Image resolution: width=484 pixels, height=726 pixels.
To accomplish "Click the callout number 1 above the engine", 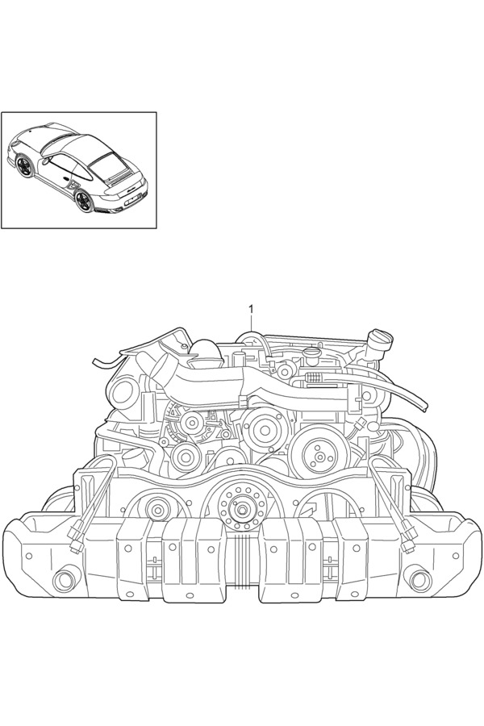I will (252, 309).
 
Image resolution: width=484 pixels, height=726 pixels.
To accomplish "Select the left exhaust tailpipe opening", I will (62, 581).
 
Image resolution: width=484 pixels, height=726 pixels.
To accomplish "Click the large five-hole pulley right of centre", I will (316, 457).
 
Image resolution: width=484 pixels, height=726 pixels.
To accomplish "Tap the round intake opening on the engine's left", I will (123, 392).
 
